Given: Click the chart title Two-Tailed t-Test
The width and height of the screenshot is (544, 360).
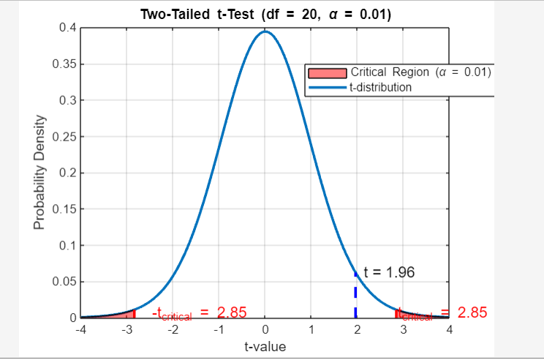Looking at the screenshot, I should [x=265, y=14].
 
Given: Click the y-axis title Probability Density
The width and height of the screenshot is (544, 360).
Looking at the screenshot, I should [x=39, y=173].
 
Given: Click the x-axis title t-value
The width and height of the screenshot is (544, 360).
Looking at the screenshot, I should [x=265, y=346].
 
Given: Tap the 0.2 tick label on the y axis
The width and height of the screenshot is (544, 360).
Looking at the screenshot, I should [x=66, y=173].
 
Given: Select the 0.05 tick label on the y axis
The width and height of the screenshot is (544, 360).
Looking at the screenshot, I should [x=63, y=282].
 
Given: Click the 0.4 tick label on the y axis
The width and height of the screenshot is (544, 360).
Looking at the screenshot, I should [x=66, y=28].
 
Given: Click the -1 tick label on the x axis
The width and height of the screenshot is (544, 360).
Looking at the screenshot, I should [x=218, y=330].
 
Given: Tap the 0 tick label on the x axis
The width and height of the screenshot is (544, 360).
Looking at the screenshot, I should [x=265, y=330].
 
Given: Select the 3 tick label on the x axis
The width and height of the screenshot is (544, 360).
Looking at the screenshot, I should [x=404, y=330].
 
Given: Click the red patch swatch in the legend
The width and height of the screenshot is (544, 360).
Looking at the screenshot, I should [x=327, y=72].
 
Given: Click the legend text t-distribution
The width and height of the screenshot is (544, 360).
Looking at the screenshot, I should [x=381, y=87].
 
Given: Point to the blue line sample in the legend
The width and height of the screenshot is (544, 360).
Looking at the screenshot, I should [x=327, y=87].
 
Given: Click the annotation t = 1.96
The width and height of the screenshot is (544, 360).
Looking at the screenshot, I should [x=389, y=273].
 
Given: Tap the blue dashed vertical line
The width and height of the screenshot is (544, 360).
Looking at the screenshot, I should [x=355, y=296].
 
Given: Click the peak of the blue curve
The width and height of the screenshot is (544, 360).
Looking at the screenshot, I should [x=265, y=31].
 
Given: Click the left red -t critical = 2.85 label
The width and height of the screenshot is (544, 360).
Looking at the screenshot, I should [x=198, y=313].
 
